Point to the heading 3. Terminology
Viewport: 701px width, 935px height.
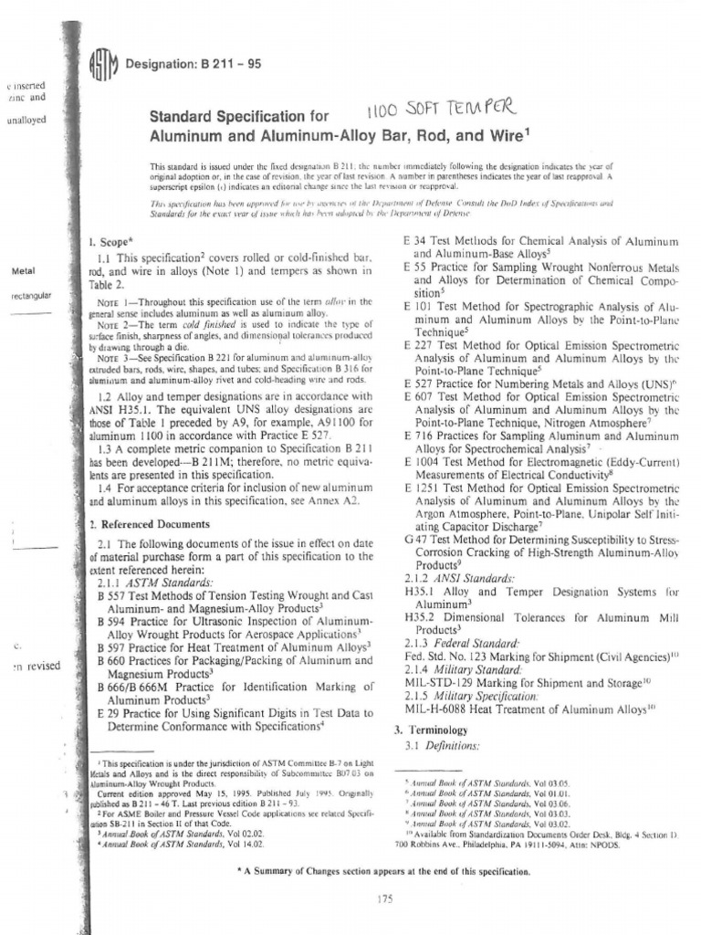(x=430, y=730)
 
